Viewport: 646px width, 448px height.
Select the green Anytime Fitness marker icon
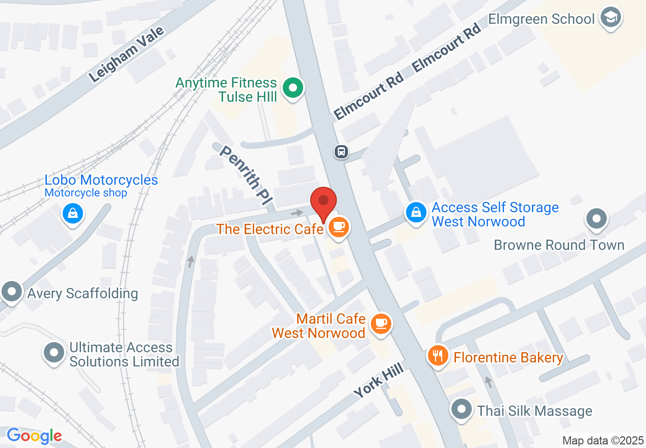(292, 89)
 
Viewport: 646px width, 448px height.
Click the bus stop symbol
(341, 151)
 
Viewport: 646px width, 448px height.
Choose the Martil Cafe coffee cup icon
(380, 323)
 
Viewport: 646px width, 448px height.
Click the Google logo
(34, 436)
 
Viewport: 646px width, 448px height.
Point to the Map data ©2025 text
(603, 440)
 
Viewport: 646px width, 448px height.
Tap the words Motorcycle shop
(86, 193)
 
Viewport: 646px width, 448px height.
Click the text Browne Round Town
(559, 245)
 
